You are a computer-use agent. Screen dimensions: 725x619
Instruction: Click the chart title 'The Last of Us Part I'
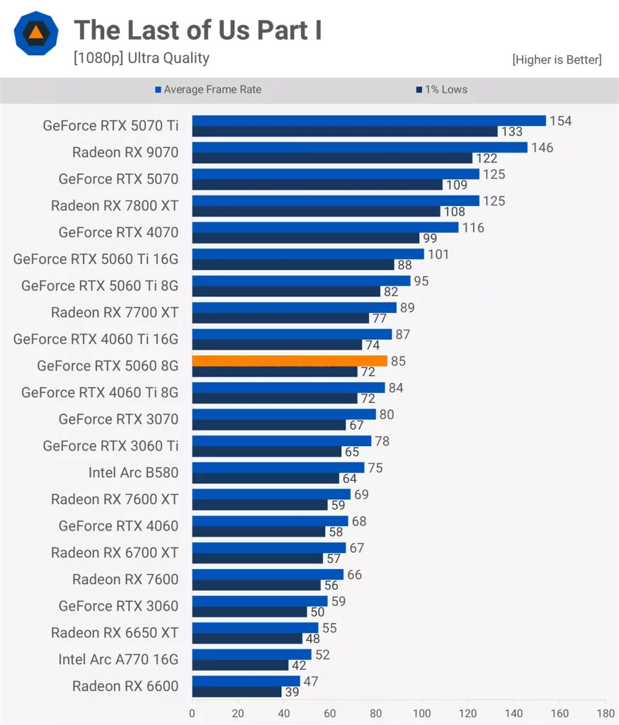click(198, 30)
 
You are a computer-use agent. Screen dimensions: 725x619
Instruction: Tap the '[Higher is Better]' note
click(557, 60)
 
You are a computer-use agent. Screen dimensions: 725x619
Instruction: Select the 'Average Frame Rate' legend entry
click(212, 89)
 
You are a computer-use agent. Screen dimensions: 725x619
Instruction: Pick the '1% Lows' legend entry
click(445, 89)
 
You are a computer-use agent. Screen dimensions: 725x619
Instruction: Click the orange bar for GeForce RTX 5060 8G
click(289, 361)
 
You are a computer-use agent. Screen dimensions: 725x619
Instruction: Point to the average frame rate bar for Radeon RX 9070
click(359, 147)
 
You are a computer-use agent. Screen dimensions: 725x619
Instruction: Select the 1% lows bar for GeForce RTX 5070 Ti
click(344, 131)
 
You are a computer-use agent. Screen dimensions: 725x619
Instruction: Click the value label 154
click(560, 120)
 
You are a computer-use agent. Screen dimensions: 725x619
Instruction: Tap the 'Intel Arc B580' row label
click(133, 472)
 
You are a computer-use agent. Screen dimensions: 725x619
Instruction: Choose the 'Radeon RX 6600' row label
click(125, 686)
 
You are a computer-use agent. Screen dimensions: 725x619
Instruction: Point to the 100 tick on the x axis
click(422, 712)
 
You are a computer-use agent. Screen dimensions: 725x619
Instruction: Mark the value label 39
click(292, 692)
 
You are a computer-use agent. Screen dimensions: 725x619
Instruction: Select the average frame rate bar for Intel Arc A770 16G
click(251, 655)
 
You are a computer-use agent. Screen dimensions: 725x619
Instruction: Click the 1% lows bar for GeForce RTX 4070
click(305, 238)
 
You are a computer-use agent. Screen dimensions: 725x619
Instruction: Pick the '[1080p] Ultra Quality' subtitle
click(142, 58)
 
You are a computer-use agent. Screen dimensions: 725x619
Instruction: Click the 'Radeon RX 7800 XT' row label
click(115, 206)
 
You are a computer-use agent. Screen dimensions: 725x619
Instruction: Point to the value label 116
click(472, 227)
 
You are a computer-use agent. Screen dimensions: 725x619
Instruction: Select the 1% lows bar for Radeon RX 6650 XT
click(246, 639)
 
